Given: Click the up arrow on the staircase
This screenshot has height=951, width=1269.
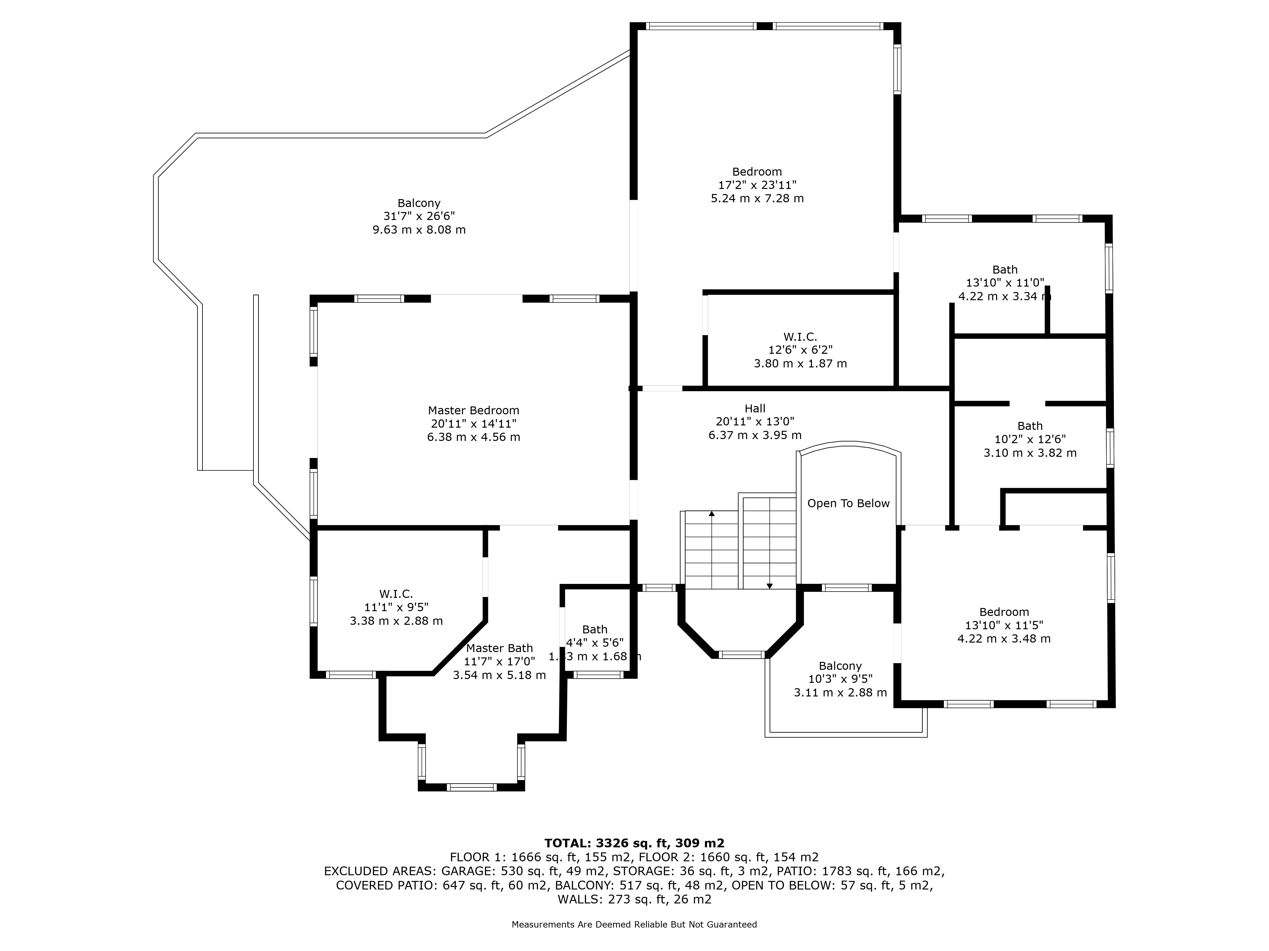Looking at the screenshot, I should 711,514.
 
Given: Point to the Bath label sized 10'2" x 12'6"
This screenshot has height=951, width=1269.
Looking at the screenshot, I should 1030,426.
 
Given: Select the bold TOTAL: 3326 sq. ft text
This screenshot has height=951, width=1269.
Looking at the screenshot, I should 634,843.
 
